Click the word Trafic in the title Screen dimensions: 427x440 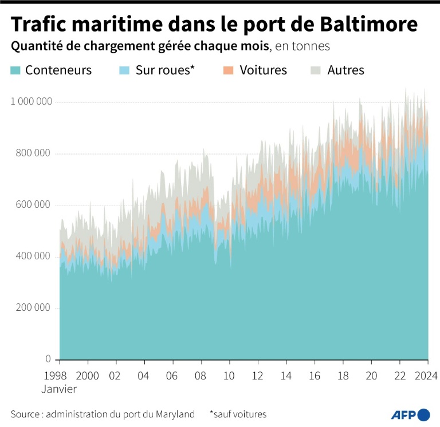coord(40,25)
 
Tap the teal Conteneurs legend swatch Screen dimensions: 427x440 coord(16,70)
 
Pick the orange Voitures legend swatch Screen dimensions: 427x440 coord(228,70)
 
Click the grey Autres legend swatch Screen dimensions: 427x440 coord(316,70)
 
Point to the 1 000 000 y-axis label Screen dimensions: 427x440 coord(32,102)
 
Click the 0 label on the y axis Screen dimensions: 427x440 coord(49,359)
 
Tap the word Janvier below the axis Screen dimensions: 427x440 coord(59,389)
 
